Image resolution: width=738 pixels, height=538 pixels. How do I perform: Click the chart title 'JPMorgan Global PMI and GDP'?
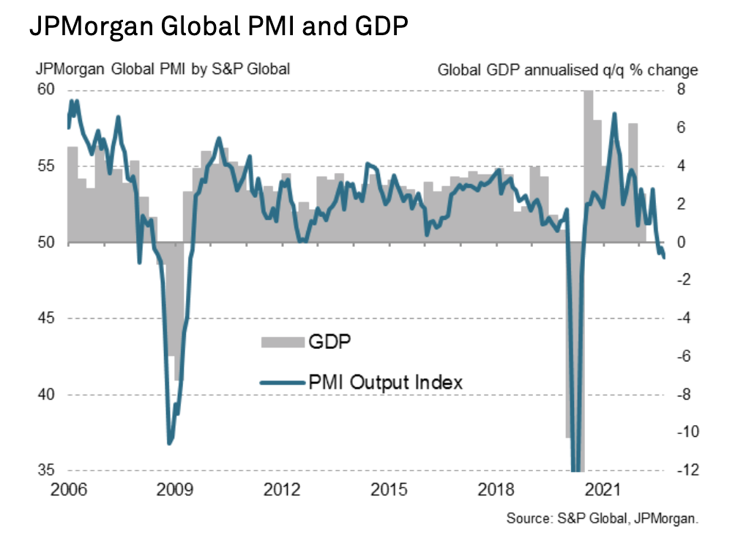tap(219, 27)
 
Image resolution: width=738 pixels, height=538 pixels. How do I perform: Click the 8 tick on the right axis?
tap(680, 89)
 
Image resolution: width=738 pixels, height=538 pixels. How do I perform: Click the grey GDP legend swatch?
tap(282, 341)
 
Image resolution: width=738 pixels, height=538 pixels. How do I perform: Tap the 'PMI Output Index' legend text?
tap(386, 381)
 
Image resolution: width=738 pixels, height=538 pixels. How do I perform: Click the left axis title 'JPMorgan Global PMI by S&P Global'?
tap(163, 70)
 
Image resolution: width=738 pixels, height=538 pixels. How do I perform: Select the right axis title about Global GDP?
tap(567, 70)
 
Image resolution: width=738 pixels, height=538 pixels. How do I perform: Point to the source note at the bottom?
tap(603, 518)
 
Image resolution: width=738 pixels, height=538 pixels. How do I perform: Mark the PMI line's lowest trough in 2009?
tap(169, 443)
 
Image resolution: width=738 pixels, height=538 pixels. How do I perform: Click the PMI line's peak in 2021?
tap(614, 114)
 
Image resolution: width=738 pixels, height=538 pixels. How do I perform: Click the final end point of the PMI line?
tap(664, 257)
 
